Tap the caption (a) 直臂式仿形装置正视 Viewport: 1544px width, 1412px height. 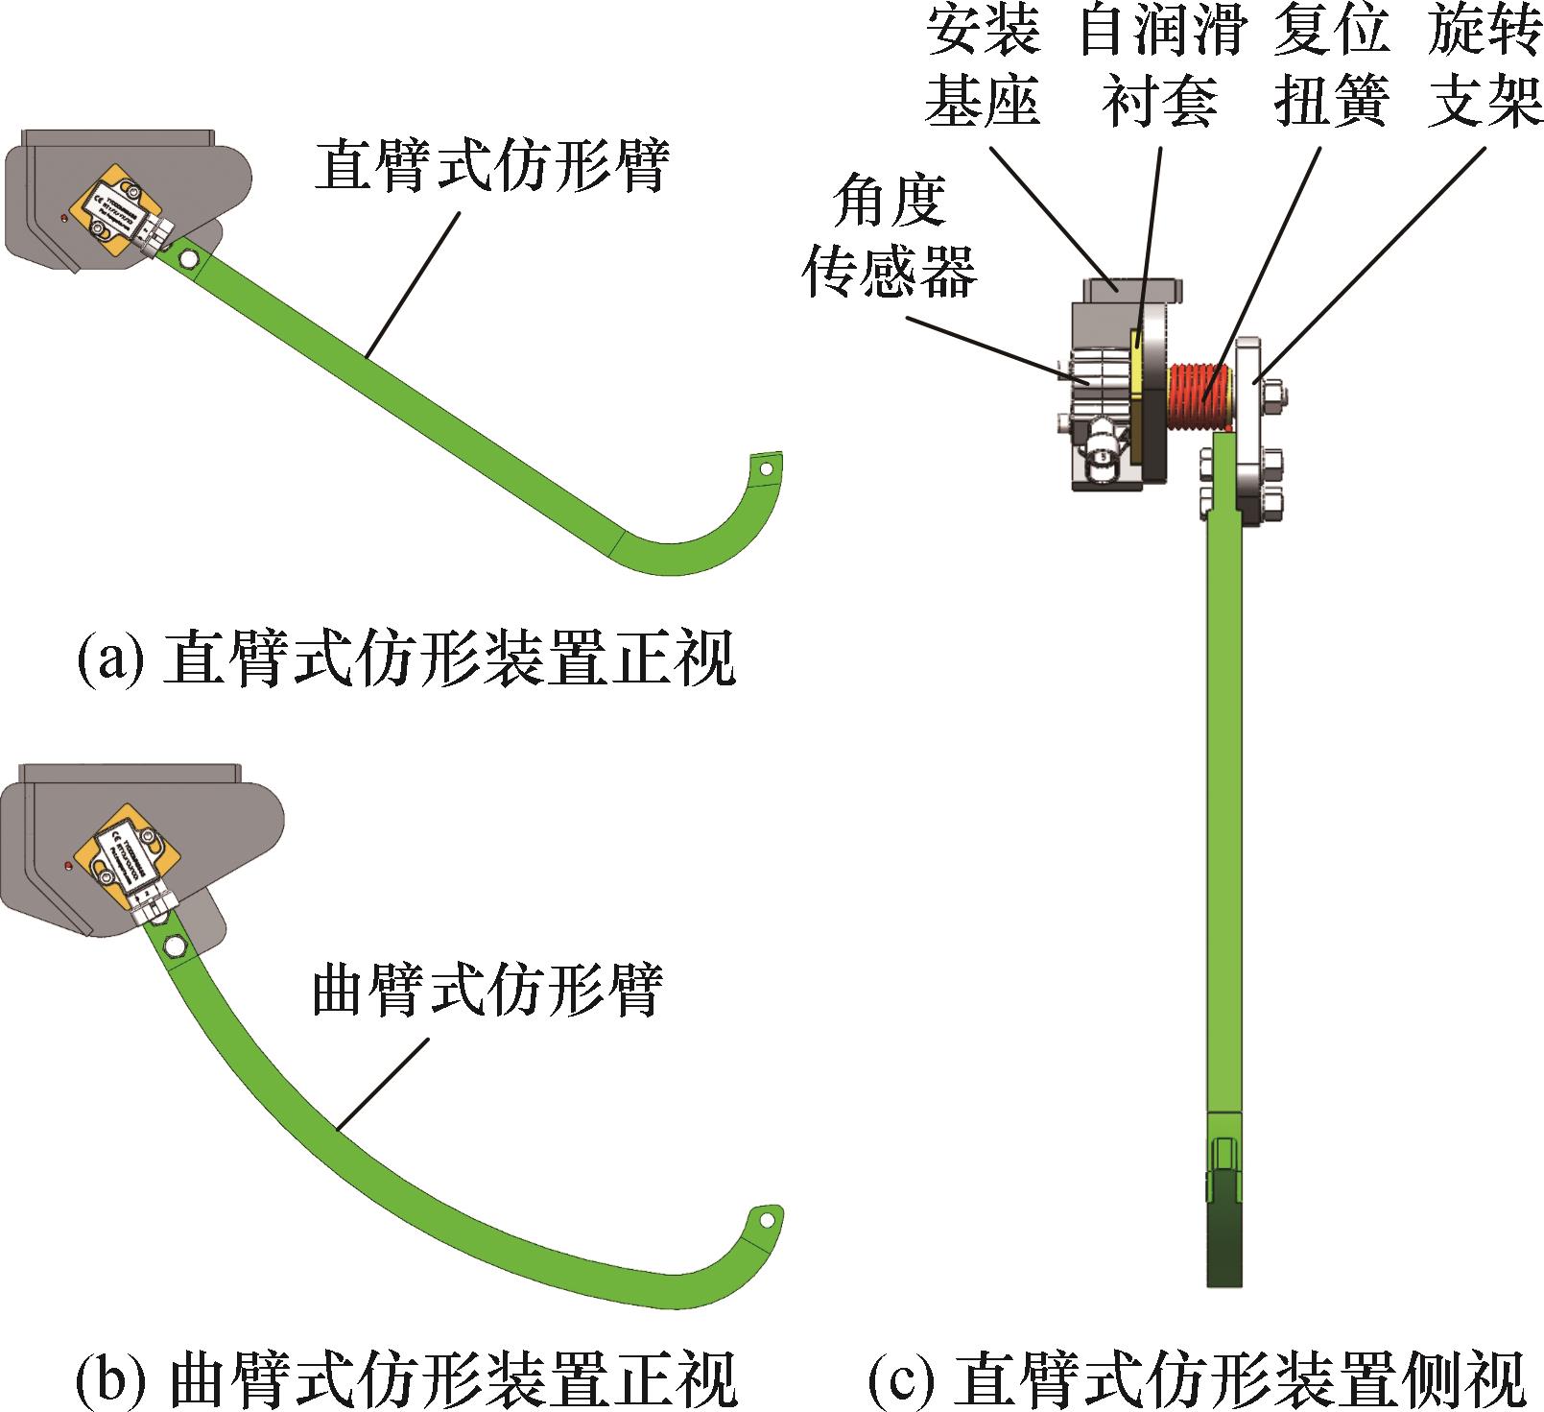click(x=405, y=658)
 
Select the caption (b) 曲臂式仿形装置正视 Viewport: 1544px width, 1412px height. click(x=405, y=1379)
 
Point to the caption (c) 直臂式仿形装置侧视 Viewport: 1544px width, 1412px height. click(x=1197, y=1379)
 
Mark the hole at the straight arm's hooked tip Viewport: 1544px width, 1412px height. click(x=766, y=468)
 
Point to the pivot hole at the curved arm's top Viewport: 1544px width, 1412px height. click(x=175, y=946)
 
